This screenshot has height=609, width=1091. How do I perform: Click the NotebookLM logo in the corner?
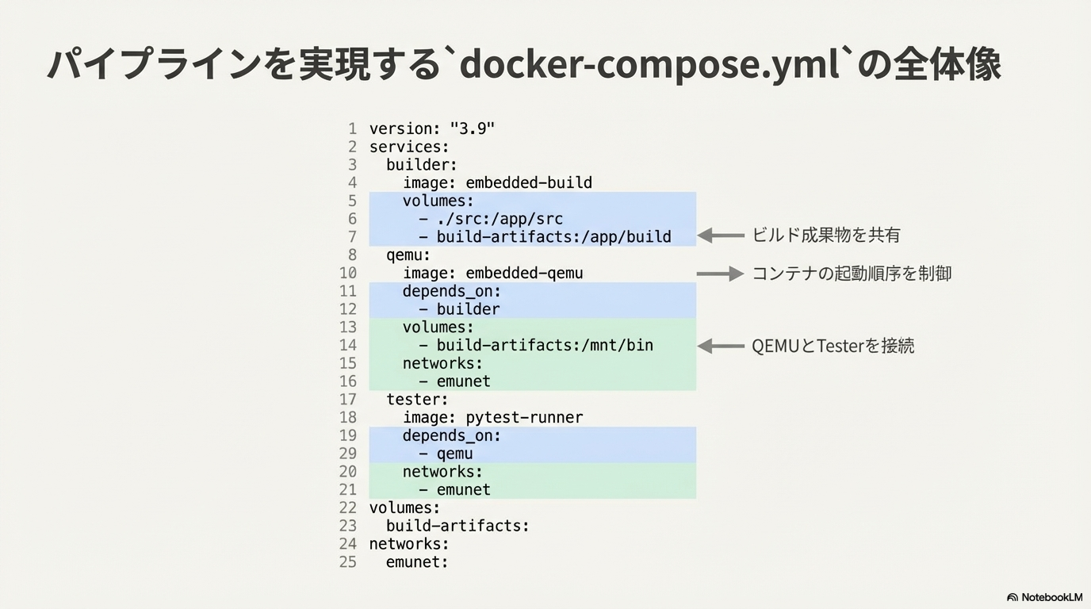1044,597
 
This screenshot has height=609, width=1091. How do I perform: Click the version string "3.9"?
472,128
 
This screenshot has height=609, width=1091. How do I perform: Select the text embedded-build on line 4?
529,182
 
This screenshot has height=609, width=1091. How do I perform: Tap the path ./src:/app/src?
500,219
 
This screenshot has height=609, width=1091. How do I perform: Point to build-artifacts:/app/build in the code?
553,237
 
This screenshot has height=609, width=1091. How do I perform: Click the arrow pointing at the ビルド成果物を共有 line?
721,236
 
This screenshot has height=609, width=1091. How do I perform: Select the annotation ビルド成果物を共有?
826,235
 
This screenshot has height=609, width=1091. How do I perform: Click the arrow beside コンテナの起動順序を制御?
721,274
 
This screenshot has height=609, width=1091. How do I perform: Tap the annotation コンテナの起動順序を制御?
852,274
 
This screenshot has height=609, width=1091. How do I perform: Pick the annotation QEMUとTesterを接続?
833,346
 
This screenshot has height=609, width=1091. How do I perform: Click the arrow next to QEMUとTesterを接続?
721,347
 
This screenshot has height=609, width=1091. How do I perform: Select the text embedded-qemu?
524,274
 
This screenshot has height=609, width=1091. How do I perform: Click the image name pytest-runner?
524,418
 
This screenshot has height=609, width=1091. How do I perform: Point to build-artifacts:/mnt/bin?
545,346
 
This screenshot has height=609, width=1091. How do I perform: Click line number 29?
348,454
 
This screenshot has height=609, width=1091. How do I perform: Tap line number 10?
348,274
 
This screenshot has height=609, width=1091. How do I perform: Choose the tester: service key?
417,400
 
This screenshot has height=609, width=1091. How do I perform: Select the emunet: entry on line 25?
417,562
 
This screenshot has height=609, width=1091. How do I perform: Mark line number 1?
352,128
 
